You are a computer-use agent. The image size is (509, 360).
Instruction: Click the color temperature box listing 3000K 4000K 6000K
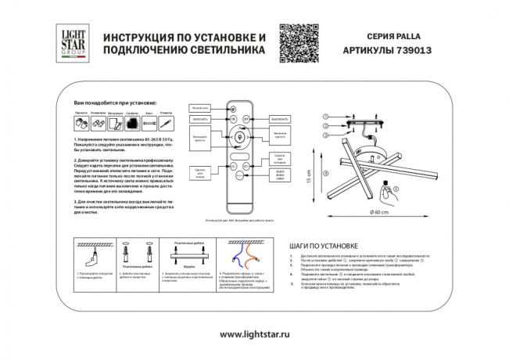pyautogui.click(x=280, y=176)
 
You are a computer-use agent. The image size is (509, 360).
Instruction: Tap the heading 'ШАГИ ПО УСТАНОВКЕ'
pyautogui.click(x=323, y=245)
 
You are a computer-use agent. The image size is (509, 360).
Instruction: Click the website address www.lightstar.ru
pyautogui.click(x=254, y=333)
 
